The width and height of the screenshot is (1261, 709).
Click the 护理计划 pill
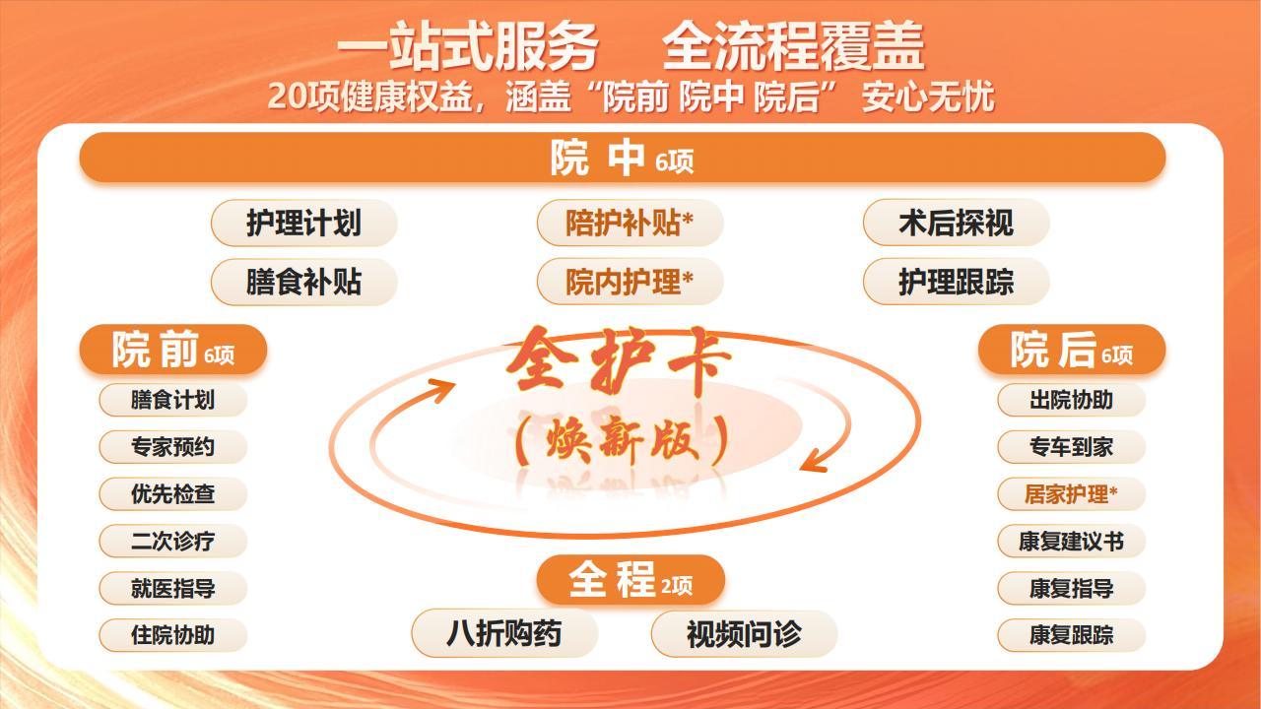pos(304,223)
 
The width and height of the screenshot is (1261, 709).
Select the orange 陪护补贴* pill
pos(630,223)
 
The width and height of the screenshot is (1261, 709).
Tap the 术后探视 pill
pos(956,223)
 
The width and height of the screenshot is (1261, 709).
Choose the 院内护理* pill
pos(630,282)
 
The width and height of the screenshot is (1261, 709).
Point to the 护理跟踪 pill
pos(956,282)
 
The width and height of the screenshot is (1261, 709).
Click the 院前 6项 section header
pos(172,350)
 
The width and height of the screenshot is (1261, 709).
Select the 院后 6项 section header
pos(1071,350)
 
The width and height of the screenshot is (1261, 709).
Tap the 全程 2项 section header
pos(630,580)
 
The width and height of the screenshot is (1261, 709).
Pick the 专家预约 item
pos(172,447)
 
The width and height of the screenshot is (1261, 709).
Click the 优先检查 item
pos(172,494)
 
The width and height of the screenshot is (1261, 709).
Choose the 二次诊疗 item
pos(172,542)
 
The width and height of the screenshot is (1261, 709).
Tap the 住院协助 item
pos(172,635)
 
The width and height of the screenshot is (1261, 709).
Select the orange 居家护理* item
pos(1071,494)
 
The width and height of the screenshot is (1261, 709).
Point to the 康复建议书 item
pos(1071,542)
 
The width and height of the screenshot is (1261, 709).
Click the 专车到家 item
pos(1071,447)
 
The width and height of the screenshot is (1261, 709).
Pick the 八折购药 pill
pos(504,633)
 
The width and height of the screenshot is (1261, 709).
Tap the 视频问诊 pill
pos(744,633)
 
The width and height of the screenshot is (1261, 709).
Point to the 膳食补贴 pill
pos(304,282)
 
